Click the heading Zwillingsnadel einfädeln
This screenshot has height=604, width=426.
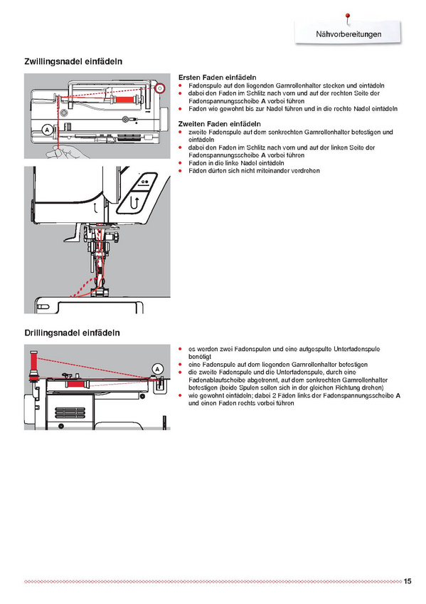click(x=73, y=62)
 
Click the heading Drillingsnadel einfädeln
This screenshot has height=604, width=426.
click(x=72, y=333)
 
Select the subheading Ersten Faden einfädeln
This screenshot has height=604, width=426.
click(x=217, y=78)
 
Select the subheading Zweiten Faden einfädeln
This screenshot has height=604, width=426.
click(x=220, y=124)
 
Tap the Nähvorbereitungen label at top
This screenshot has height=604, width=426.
click(x=348, y=34)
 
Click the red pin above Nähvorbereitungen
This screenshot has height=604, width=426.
click(x=348, y=17)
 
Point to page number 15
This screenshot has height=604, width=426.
click(x=408, y=581)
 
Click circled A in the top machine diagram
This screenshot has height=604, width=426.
click(x=47, y=130)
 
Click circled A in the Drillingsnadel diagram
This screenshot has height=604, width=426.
click(x=157, y=369)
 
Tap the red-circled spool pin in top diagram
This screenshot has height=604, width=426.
click(x=160, y=89)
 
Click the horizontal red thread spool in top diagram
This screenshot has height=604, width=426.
click(x=124, y=100)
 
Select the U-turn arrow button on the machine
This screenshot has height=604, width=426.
click(x=134, y=202)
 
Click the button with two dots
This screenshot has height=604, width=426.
click(x=145, y=181)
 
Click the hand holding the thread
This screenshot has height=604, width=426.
click(x=68, y=152)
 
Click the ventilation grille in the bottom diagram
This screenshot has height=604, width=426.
click(x=70, y=412)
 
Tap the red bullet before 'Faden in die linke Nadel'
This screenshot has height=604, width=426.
click(x=181, y=163)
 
